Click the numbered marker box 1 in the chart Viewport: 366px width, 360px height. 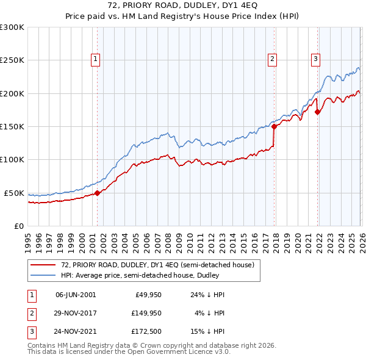pyautogui.click(x=96, y=59)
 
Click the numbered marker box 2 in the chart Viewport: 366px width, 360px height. pyautogui.click(x=272, y=59)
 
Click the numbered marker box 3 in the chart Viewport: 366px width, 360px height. pyautogui.click(x=315, y=59)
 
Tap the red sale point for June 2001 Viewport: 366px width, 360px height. pyautogui.click(x=97, y=193)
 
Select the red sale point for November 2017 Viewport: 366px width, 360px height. pyautogui.click(x=274, y=127)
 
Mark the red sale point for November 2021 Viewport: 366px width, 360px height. pyautogui.click(x=317, y=112)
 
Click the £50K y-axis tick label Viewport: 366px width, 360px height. pyautogui.click(x=14, y=193)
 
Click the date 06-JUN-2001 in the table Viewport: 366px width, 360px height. pyautogui.click(x=76, y=295)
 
